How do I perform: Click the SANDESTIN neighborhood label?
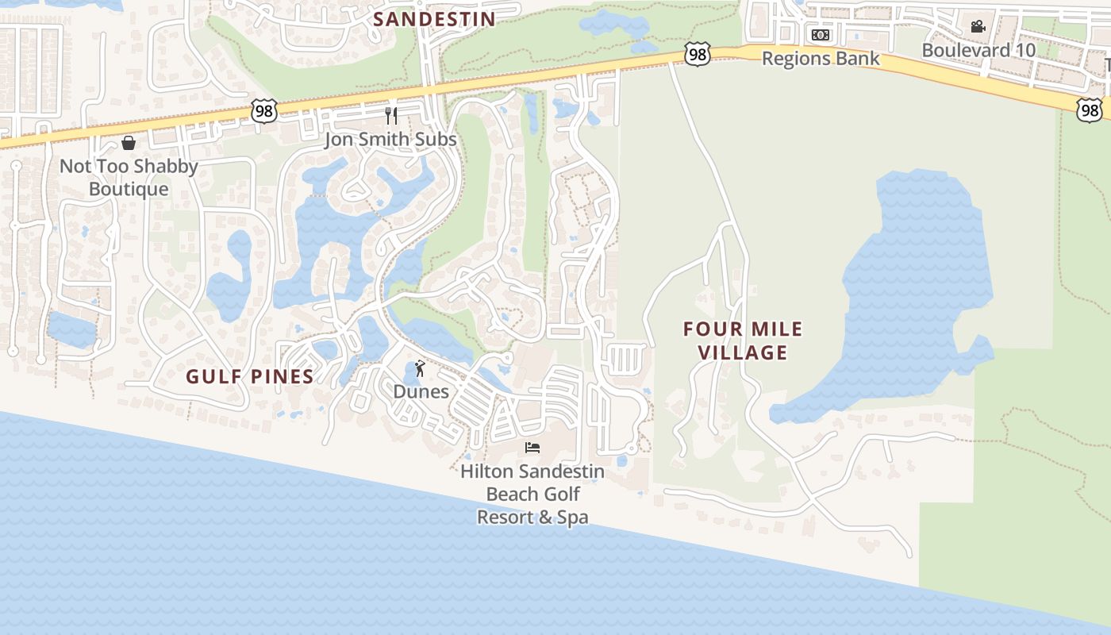(434, 19)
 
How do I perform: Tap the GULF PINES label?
(250, 376)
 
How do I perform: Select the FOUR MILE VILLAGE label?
(743, 341)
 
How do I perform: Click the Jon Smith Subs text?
(390, 140)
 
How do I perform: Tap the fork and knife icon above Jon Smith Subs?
(390, 116)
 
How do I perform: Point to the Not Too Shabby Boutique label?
(129, 177)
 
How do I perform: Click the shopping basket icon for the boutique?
(129, 143)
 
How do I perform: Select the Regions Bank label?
(821, 58)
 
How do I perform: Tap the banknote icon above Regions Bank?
(821, 34)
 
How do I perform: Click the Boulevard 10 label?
(978, 50)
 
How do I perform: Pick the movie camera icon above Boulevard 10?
(978, 26)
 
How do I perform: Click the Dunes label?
(421, 391)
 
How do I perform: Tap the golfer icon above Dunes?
(420, 368)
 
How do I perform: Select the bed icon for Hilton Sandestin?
(532, 448)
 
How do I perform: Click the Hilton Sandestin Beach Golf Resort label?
(532, 494)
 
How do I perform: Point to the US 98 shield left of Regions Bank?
(697, 55)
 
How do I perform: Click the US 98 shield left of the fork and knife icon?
(263, 112)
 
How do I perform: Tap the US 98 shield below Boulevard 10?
(1090, 110)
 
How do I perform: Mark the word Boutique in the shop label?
(129, 189)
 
